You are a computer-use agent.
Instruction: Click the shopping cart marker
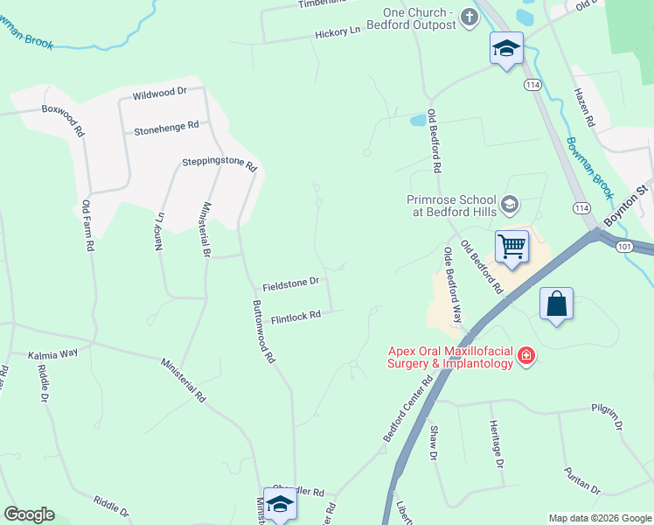pyautogui.click(x=511, y=247)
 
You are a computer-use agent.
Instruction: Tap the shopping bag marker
pyautogui.click(x=556, y=304)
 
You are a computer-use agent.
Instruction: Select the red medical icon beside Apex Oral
pyautogui.click(x=526, y=355)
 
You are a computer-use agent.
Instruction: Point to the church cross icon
pyautogui.click(x=470, y=17)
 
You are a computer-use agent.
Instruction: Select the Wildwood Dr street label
pyautogui.click(x=160, y=92)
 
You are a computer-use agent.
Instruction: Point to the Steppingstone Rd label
pyautogui.click(x=219, y=164)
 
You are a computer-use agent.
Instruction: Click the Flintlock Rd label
pyautogui.click(x=296, y=317)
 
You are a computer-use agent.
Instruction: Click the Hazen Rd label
pyautogui.click(x=584, y=107)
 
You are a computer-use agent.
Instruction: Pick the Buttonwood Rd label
pyautogui.click(x=264, y=332)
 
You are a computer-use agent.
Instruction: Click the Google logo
pyautogui.click(x=29, y=514)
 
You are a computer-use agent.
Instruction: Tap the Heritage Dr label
pyautogui.click(x=498, y=449)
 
